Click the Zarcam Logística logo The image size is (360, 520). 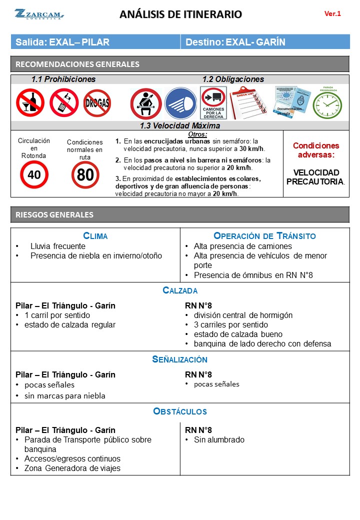pyautogui.click(x=38, y=14)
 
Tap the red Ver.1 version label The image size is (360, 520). pyautogui.click(x=332, y=13)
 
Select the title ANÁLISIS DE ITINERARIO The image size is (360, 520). pyautogui.click(x=180, y=14)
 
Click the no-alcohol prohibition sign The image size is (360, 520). pyautogui.click(x=30, y=102)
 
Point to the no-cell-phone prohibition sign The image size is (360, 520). pyautogui.click(x=63, y=102)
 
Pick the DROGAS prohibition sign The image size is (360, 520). pyautogui.click(x=97, y=103)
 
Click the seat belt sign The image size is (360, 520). pyautogui.click(x=145, y=103)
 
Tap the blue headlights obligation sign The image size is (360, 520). pyautogui.click(x=180, y=103)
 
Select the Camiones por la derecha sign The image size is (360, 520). pyautogui.click(x=213, y=103)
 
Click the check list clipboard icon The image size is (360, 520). pyautogui.click(x=248, y=102)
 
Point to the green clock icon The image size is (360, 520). pyautogui.click(x=327, y=104)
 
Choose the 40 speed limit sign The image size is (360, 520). pyautogui.click(x=34, y=174)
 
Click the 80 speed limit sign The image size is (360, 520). pyautogui.click(x=85, y=175)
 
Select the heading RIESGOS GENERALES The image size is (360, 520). pyautogui.click(x=54, y=215)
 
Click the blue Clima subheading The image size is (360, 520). pyautogui.click(x=95, y=236)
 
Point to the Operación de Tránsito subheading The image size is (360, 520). pyautogui.click(x=264, y=236)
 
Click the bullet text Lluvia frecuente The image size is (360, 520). pyautogui.click(x=57, y=246)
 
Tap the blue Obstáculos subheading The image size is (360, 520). pyautogui.click(x=180, y=412)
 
